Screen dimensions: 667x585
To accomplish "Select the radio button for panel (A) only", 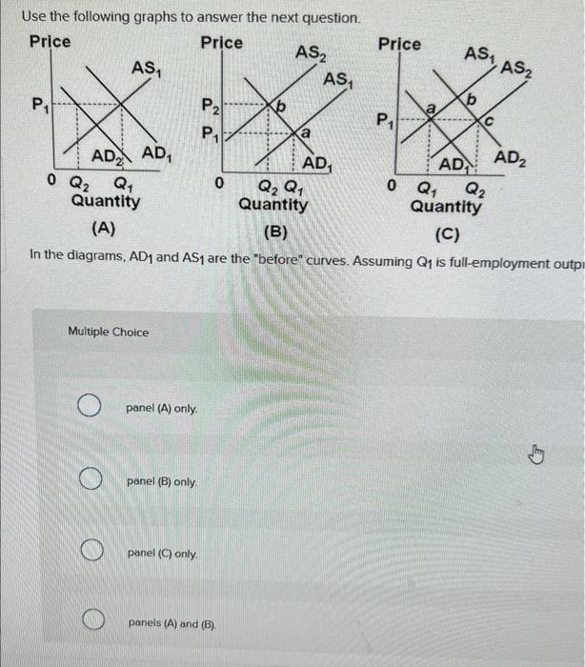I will tap(90, 408).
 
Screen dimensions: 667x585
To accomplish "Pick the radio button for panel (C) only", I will tap(90, 551).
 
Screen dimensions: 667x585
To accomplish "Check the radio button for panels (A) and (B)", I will tap(90, 623).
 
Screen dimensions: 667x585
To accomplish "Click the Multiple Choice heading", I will tap(109, 332).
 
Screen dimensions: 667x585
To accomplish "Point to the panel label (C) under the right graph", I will tap(446, 232).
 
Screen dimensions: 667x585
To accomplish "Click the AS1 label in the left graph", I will tap(146, 67).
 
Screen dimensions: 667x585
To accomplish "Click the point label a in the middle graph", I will tap(304, 136).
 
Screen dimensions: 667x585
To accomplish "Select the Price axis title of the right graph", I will tap(399, 44).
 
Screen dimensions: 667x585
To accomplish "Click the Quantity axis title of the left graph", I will tap(106, 202).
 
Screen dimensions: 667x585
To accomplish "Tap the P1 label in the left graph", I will tap(38, 103).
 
